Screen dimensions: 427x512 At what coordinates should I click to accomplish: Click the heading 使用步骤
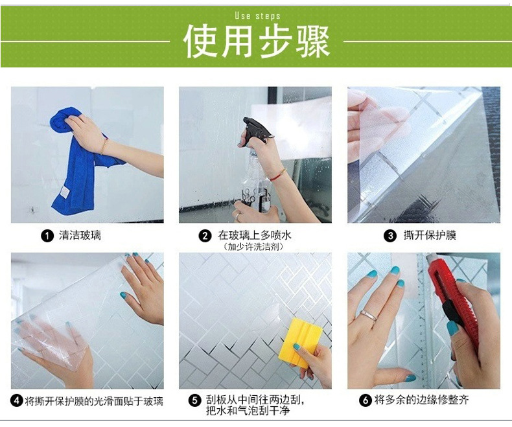[x=256, y=41]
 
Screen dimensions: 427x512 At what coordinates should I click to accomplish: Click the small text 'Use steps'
[x=257, y=16]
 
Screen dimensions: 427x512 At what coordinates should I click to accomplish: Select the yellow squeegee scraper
[x=299, y=341]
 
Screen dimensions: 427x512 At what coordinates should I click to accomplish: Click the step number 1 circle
[x=47, y=236]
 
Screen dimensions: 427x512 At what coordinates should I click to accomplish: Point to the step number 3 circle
[x=390, y=236]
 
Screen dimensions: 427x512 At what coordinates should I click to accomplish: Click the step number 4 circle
[x=17, y=401]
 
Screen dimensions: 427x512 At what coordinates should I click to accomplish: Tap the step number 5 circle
[x=194, y=401]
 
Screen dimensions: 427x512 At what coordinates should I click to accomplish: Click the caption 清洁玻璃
[x=80, y=236]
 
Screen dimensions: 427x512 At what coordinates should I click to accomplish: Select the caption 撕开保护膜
[x=430, y=236]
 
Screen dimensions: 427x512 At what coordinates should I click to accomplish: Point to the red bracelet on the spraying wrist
[x=278, y=174]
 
